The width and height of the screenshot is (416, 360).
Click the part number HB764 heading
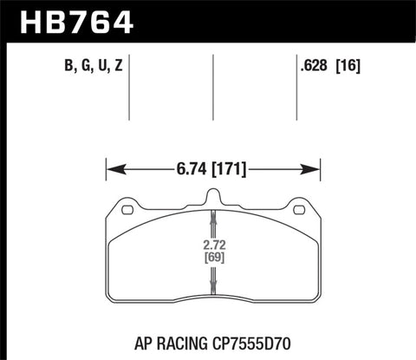tap(73, 20)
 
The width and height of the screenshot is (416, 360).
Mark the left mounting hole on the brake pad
tap(127, 209)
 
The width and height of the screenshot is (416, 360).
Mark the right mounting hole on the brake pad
tap(300, 209)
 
